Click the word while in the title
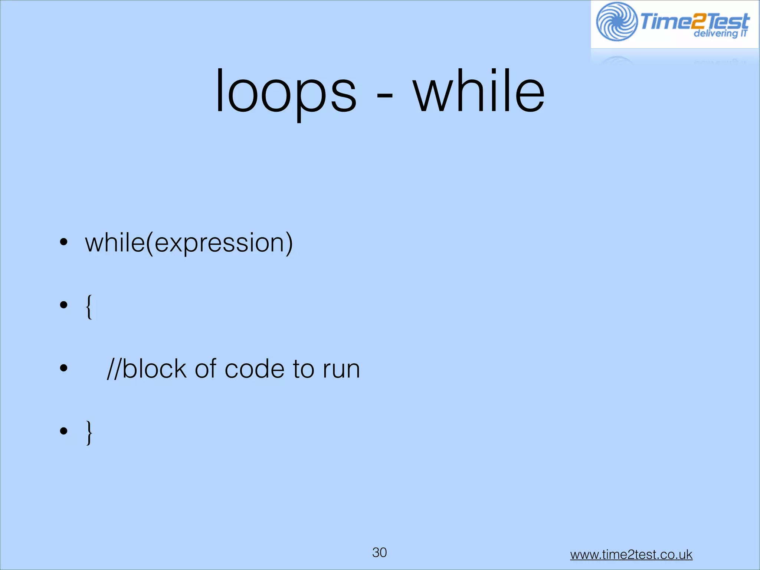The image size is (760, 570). click(479, 91)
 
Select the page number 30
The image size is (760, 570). click(379, 552)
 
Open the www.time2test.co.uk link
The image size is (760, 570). click(631, 554)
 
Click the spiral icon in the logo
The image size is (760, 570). click(616, 22)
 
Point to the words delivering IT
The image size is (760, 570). click(720, 34)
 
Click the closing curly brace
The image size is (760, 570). click(89, 433)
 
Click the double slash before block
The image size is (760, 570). click(113, 369)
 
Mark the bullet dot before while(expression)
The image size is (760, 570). click(64, 242)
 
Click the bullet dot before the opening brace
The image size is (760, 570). click(64, 305)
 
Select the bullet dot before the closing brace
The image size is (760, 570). click(64, 431)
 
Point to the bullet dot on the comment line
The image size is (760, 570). click(64, 368)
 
